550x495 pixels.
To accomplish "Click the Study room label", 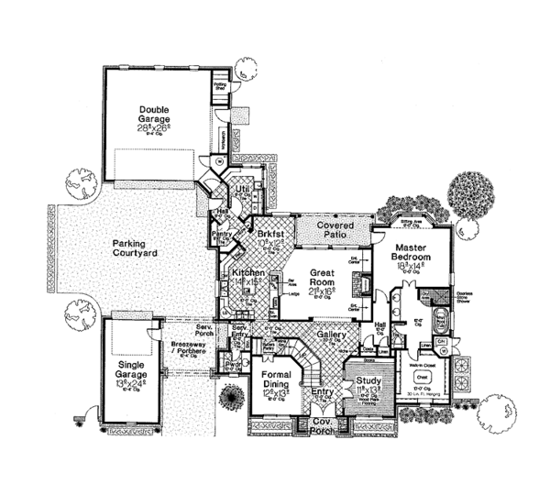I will (370, 379).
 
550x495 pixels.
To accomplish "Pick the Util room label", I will (243, 190).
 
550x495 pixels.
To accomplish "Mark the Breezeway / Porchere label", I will (190, 346).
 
